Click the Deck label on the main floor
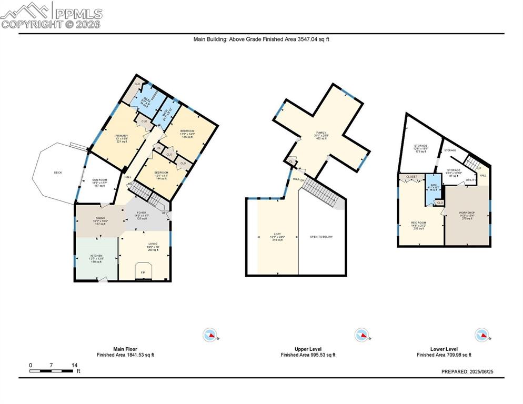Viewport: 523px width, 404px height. point(58,173)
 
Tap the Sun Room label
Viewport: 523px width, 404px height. point(100,180)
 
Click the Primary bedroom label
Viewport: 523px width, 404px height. point(122,136)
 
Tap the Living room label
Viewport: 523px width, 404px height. point(153,244)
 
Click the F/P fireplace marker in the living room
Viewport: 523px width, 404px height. point(143,272)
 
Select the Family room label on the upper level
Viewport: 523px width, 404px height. point(321,133)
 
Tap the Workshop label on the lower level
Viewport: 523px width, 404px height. point(467,213)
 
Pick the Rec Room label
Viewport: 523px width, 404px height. point(418,223)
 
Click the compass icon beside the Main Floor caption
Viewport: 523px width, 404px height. point(210,335)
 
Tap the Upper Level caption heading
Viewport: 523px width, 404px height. point(308,349)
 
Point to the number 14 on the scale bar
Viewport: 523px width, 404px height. point(74,365)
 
